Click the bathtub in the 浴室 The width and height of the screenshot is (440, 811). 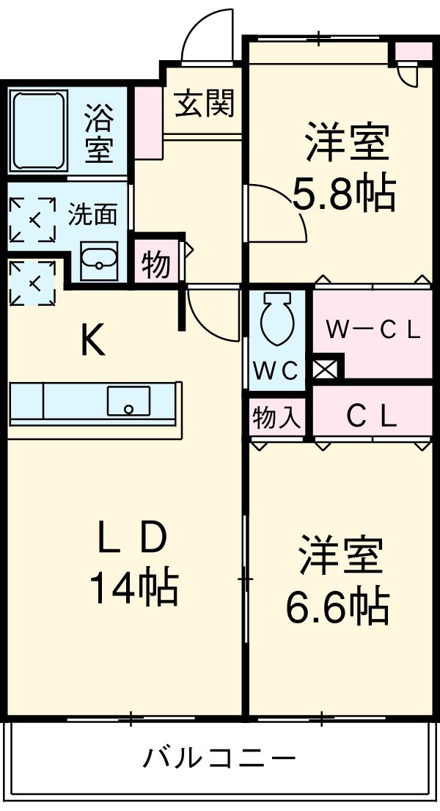[x=38, y=131]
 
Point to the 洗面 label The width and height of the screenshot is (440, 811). [x=92, y=215]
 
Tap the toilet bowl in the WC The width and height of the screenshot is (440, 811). [x=278, y=320]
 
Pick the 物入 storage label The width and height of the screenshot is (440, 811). [x=277, y=418]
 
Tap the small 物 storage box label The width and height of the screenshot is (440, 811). [x=155, y=265]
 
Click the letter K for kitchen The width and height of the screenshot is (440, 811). [x=92, y=340]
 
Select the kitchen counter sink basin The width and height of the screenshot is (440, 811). [x=128, y=400]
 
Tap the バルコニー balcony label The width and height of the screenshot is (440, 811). [x=219, y=757]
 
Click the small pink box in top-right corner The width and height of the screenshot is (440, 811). [x=414, y=51]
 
